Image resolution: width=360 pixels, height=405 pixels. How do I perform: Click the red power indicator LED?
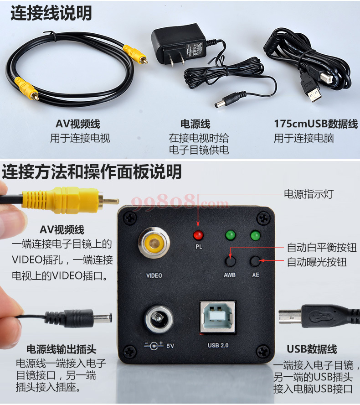(198, 235)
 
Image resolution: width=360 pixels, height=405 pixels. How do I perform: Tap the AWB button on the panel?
(230, 261)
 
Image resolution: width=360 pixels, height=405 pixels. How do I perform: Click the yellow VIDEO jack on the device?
(154, 244)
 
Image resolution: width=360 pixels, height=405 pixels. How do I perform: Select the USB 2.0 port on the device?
(218, 317)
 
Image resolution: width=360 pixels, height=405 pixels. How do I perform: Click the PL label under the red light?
(198, 247)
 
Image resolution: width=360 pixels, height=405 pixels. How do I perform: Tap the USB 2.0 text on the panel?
(218, 345)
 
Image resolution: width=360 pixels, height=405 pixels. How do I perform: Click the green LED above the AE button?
(255, 235)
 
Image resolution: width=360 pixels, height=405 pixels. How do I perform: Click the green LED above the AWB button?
(230, 235)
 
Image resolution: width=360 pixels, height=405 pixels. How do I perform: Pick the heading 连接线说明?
(51, 13)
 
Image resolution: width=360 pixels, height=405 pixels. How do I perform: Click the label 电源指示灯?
(309, 194)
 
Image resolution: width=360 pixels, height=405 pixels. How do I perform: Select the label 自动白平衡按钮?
(322, 248)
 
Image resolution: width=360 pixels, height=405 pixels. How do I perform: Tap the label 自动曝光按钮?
(317, 262)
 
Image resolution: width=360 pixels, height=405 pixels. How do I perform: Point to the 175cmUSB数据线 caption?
(316, 124)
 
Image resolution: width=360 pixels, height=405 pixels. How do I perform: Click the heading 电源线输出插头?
(61, 349)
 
